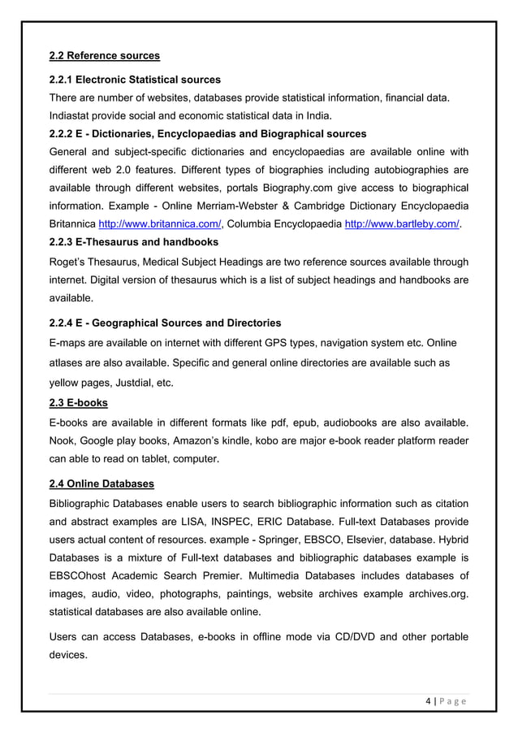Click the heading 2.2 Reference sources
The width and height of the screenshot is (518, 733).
[105, 56]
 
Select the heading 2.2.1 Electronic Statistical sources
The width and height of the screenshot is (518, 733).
[135, 80]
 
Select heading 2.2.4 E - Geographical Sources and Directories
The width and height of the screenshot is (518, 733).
[166, 323]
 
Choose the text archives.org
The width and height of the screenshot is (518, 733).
[439, 601]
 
